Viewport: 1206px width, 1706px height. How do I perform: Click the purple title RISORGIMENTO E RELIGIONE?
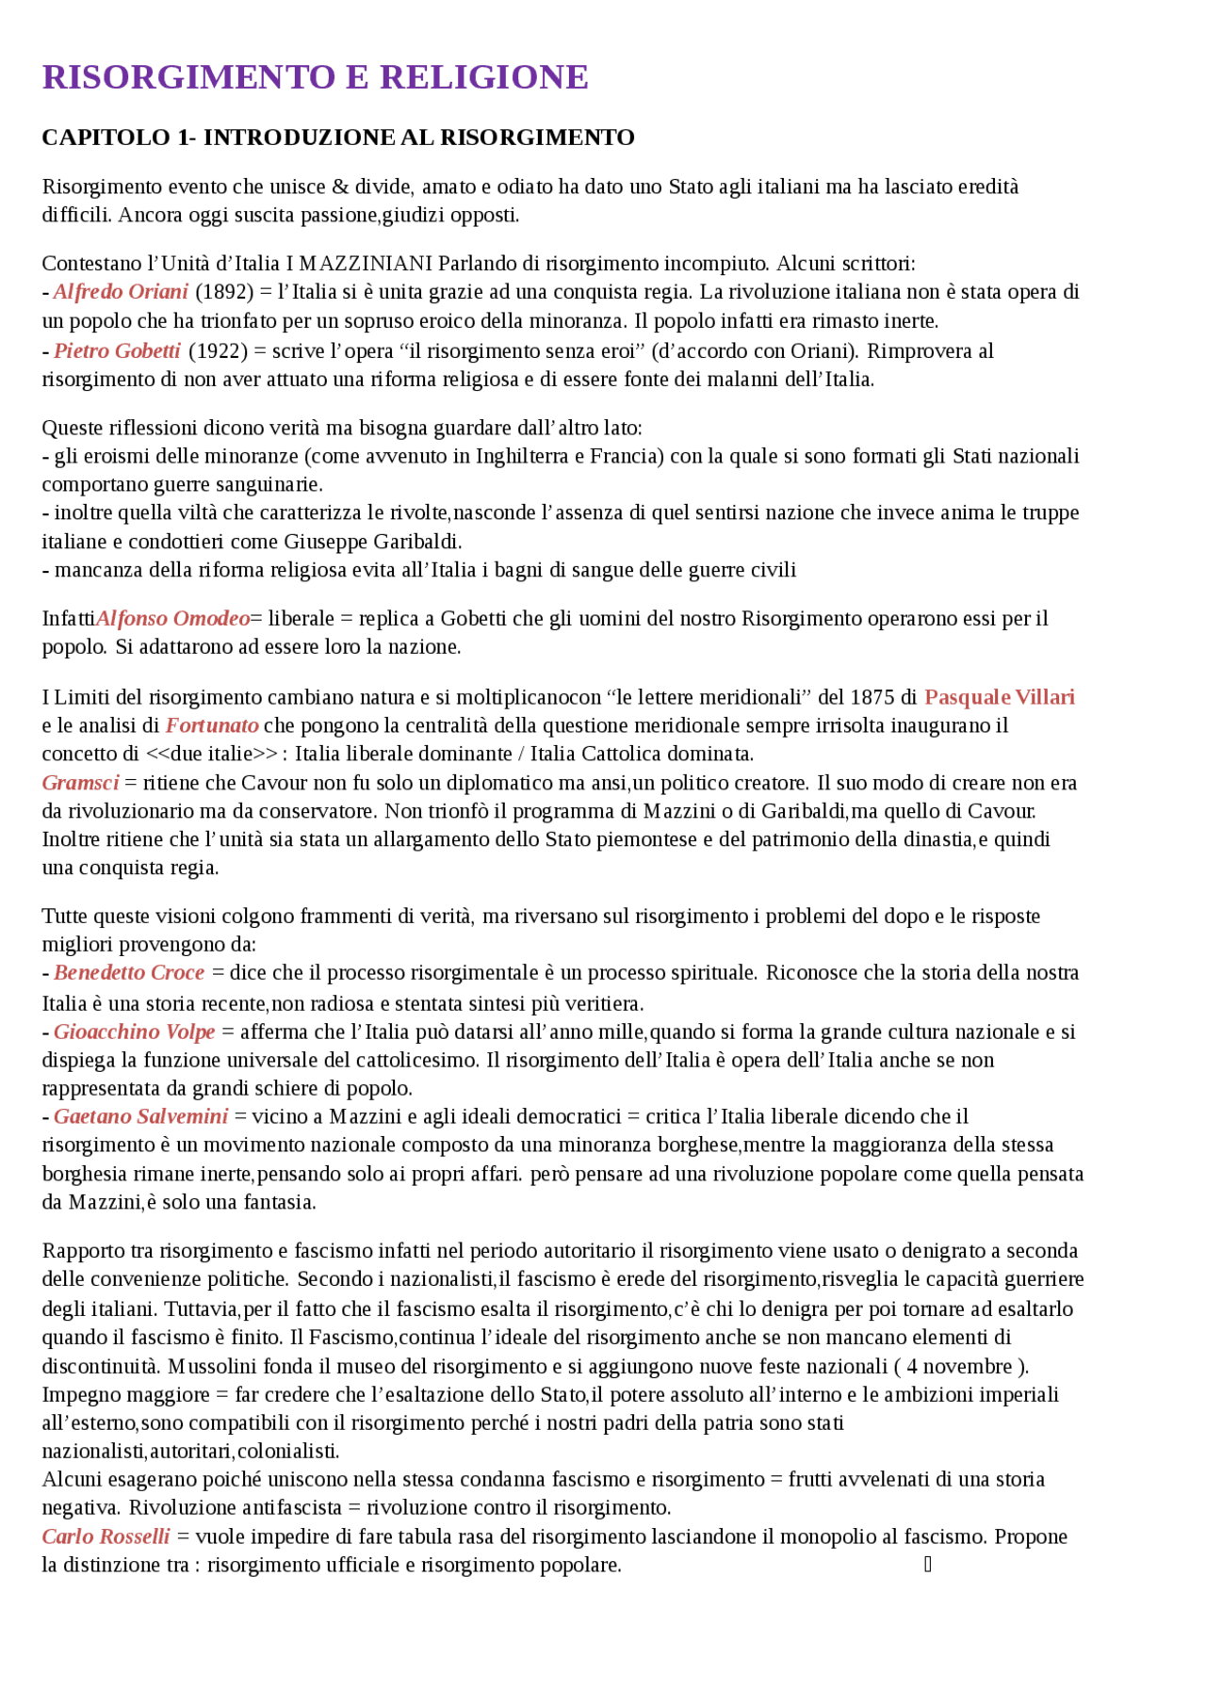point(315,77)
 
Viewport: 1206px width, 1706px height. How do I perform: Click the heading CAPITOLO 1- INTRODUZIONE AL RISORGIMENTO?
point(337,138)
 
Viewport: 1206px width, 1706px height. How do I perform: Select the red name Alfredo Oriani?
point(121,292)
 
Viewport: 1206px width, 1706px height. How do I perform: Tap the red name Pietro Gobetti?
point(117,351)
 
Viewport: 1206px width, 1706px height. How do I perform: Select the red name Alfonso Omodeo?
point(172,619)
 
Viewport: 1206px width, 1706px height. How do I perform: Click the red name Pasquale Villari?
point(999,697)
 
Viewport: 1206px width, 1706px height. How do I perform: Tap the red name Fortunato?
point(212,725)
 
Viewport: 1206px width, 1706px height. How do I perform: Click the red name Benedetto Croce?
point(129,973)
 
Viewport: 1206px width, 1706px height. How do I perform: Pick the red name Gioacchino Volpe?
point(135,1032)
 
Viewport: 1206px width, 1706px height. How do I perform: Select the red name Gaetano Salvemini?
point(140,1117)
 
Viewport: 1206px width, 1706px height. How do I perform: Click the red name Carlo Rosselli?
point(106,1537)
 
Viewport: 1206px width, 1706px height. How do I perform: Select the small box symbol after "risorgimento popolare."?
point(928,1565)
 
